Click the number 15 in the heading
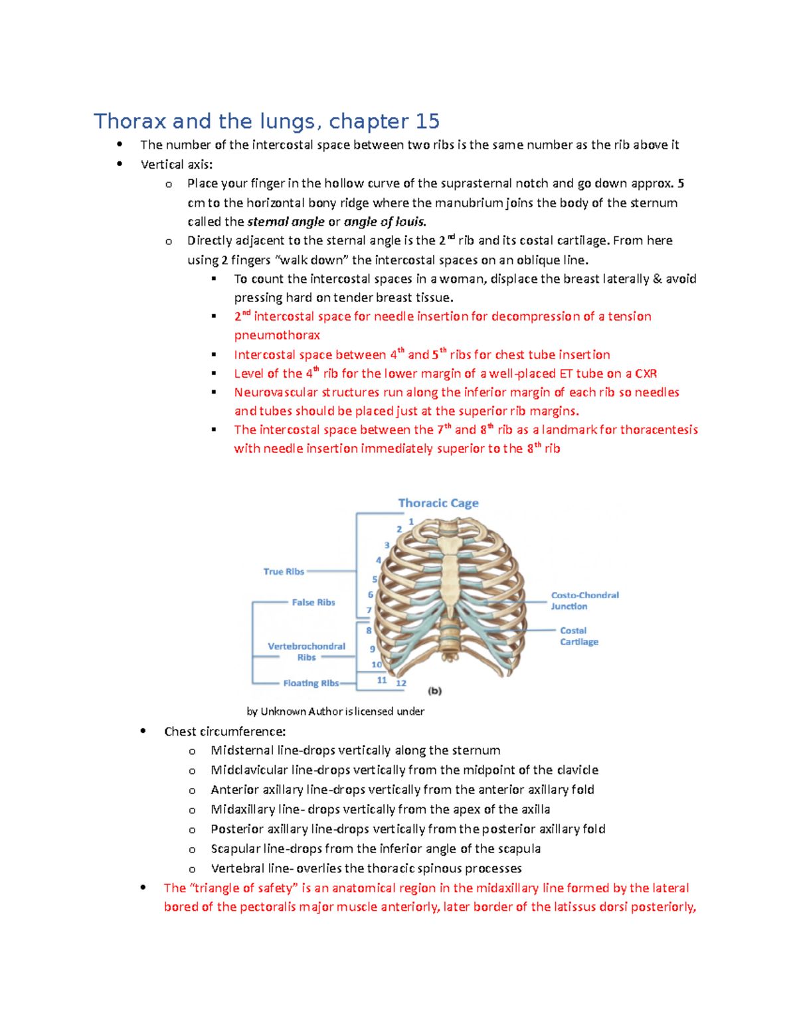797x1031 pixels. point(428,121)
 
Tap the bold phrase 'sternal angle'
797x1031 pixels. point(286,222)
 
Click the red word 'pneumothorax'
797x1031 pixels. point(277,335)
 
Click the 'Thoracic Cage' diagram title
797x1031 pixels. point(438,503)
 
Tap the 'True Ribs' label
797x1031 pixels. point(284,572)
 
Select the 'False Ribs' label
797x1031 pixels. point(313,602)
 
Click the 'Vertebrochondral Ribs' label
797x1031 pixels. point(306,651)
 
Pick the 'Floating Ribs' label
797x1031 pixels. point(311,683)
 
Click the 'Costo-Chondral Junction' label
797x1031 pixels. point(584,601)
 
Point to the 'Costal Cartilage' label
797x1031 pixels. point(578,636)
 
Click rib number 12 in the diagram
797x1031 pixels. point(401,683)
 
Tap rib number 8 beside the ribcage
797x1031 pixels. point(369,631)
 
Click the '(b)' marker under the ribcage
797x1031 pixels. point(435,691)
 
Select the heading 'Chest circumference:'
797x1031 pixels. point(225,732)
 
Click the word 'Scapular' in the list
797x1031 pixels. point(234,849)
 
